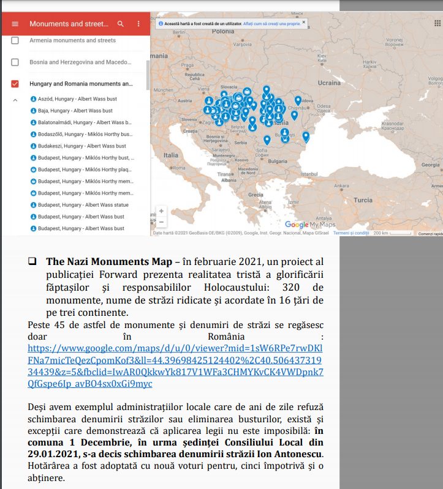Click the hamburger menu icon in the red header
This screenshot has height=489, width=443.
15,24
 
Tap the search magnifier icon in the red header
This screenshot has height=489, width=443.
121,24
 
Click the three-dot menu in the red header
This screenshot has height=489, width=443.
138,24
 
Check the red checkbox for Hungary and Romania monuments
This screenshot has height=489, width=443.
15,84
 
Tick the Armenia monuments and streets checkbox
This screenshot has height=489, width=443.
15,40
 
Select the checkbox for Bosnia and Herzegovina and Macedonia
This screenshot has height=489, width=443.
15,62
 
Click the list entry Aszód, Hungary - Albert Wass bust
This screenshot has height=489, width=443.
77,99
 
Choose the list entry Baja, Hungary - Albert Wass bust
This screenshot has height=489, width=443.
75,111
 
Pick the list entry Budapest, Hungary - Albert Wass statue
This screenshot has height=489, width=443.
83,205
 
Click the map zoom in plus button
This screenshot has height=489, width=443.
162,211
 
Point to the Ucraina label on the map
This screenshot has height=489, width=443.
329,83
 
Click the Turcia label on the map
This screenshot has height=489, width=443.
363,200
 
